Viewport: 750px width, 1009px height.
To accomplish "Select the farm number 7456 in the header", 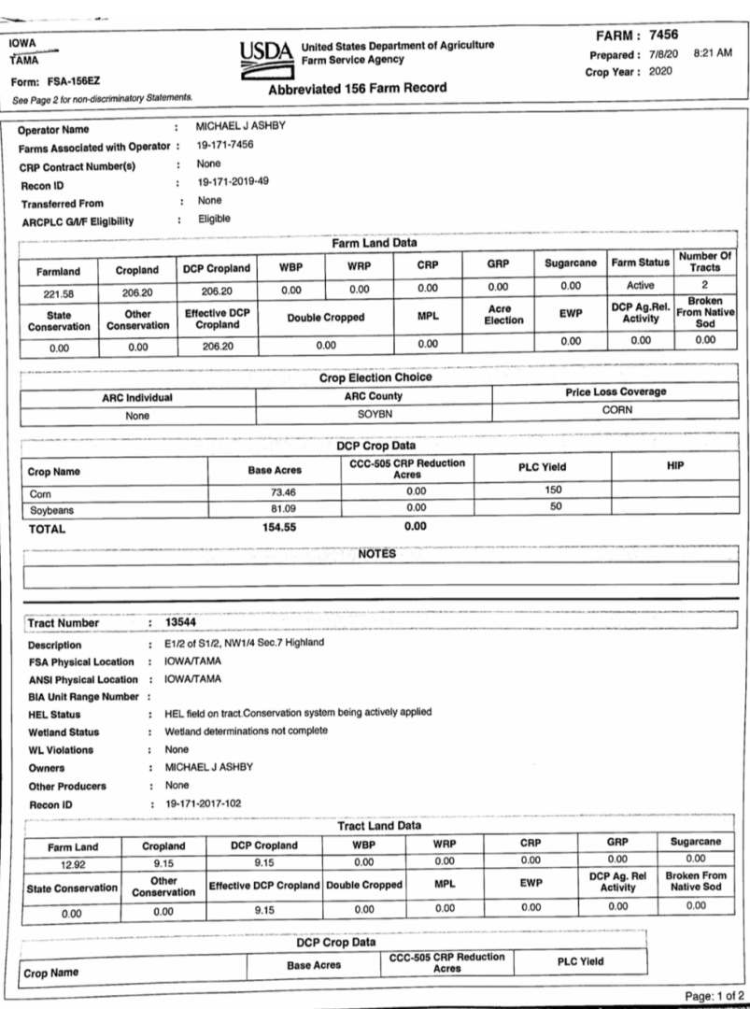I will [x=692, y=36].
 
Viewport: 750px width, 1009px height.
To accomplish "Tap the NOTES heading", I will [x=377, y=554].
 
